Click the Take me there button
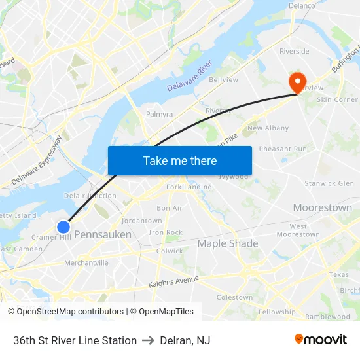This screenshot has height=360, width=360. coord(180,160)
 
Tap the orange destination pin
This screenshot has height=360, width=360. coord(297,82)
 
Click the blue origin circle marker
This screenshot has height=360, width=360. coord(63,227)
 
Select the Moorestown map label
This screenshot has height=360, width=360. coord(322,207)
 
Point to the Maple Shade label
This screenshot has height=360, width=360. coord(228,243)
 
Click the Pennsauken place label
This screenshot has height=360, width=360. coord(103,234)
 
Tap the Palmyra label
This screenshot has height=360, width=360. coord(159,114)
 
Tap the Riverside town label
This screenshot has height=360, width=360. coord(294,51)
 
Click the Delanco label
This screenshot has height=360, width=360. coord(302,5)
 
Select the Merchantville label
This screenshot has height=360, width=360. coord(86,263)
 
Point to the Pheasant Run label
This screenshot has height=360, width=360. coord(283,149)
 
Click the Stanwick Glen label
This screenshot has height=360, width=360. coord(329,183)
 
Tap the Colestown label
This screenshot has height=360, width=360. coord(234,297)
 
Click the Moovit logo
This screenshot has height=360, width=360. coord(320,340)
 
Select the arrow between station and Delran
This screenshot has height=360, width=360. coord(148,340)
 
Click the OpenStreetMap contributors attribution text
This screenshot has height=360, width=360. coord(66,312)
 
